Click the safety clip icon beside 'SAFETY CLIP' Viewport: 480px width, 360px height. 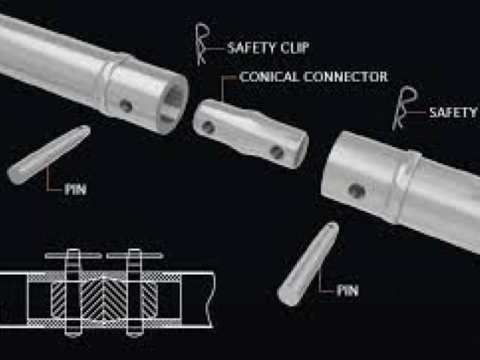(x=202, y=43)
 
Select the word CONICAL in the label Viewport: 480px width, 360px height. (x=266, y=76)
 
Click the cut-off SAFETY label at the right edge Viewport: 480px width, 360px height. (x=453, y=112)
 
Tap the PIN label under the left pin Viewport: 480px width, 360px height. (x=74, y=190)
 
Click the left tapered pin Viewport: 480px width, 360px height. (x=49, y=155)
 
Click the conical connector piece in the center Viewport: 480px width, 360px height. (x=250, y=132)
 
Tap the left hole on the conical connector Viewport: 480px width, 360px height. (x=208, y=127)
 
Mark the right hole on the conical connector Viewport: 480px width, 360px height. (x=277, y=152)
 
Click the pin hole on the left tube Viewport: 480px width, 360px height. (x=126, y=106)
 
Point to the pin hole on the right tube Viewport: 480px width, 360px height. (x=357, y=191)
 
